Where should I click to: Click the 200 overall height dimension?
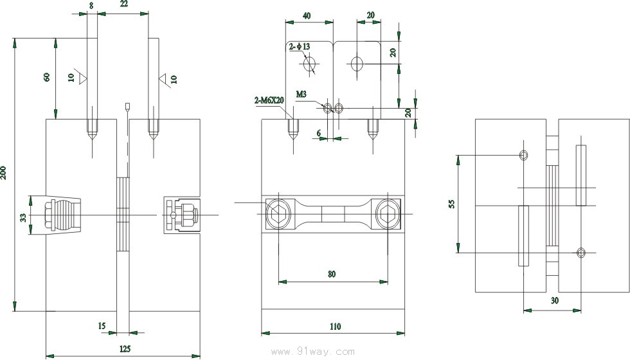[5, 174]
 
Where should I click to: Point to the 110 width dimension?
[334, 327]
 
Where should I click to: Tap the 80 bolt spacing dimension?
[332, 274]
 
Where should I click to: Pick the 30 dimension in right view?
[554, 300]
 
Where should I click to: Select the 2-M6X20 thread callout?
[269, 100]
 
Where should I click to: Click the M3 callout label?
[301, 94]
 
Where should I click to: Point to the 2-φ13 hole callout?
[299, 46]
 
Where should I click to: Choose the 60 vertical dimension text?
[46, 77]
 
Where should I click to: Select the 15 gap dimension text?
[102, 326]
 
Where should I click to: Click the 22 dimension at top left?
[123, 4]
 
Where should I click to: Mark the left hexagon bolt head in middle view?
[278, 213]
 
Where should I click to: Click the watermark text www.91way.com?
[313, 352]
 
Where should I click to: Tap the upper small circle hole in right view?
[524, 155]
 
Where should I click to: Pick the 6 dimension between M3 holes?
[318, 132]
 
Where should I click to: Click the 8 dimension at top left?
[92, 4]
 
